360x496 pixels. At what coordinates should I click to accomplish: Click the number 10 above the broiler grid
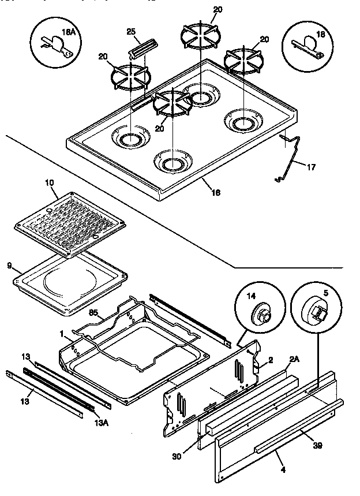[x=49, y=183]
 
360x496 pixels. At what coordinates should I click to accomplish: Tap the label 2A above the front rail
[x=294, y=359]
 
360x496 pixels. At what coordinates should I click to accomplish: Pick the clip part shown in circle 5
[x=318, y=313]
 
